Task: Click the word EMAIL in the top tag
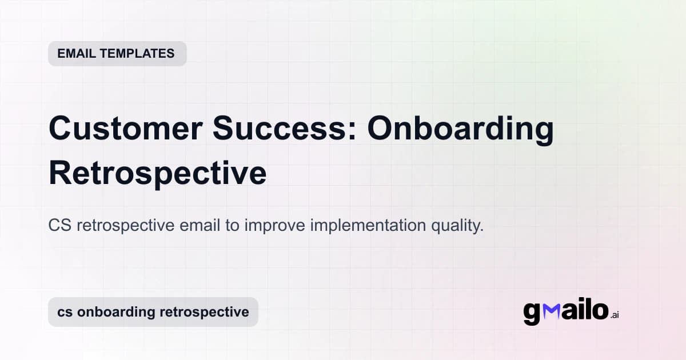click(x=75, y=54)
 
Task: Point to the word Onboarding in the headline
click(x=461, y=130)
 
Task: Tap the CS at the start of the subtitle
click(x=59, y=226)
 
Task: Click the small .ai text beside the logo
click(x=615, y=315)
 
